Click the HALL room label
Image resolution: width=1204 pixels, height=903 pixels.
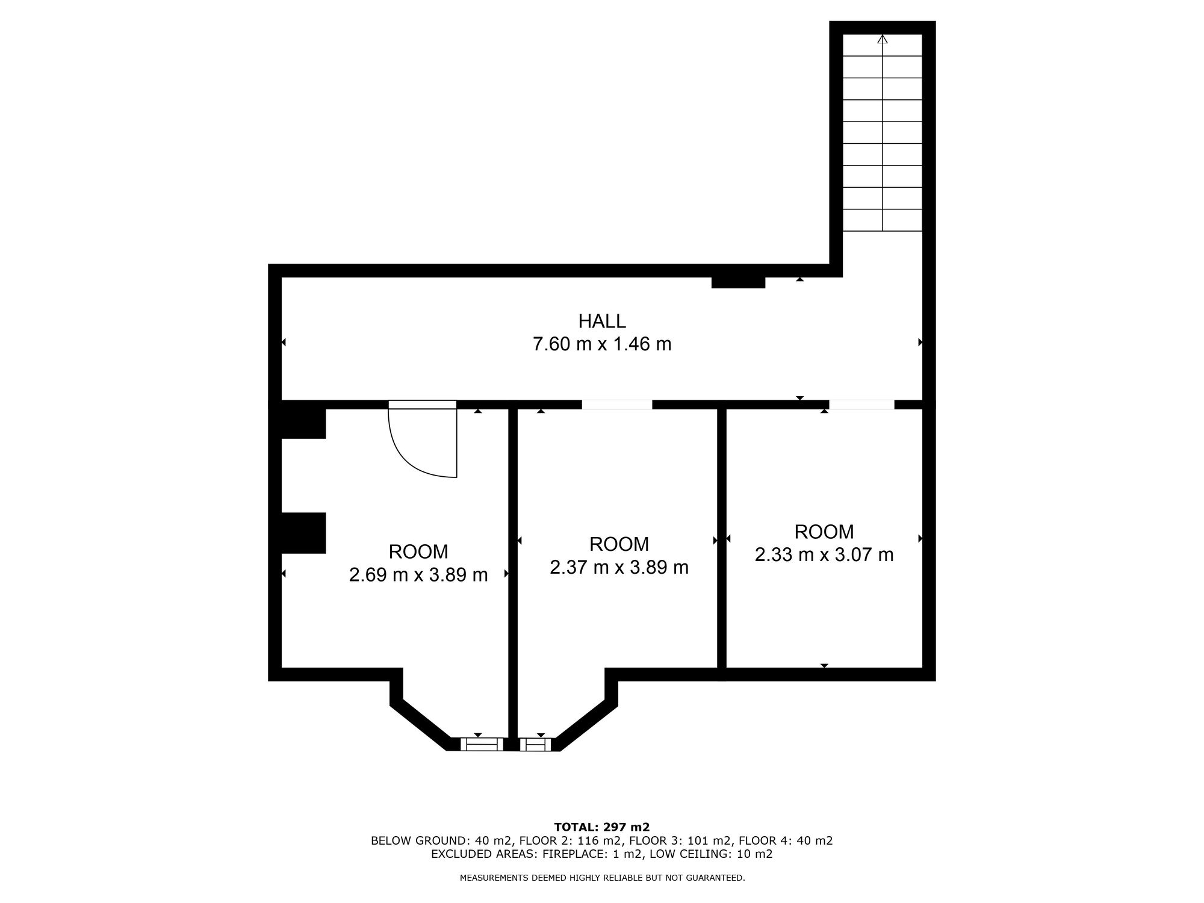[x=602, y=321]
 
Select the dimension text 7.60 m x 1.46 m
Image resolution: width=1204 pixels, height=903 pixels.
[x=602, y=344]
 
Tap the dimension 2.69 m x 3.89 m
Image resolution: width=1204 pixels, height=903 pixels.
[x=418, y=575]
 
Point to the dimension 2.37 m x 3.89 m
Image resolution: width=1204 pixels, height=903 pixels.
[x=619, y=567]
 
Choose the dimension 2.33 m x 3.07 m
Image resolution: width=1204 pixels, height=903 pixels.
[x=824, y=554]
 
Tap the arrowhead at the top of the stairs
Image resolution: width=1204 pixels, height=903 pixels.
[x=883, y=39]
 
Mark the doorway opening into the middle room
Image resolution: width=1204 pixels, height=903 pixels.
[x=617, y=405]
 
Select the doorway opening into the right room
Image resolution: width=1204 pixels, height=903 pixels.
[x=862, y=405]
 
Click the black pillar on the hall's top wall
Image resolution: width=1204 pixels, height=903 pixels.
[x=738, y=282]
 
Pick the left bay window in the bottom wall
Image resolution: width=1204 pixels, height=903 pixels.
[x=482, y=745]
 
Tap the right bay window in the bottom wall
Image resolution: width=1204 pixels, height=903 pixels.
[x=536, y=745]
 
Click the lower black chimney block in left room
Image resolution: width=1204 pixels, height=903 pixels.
[x=303, y=533]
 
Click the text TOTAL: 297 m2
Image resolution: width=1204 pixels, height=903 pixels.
[x=602, y=827]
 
